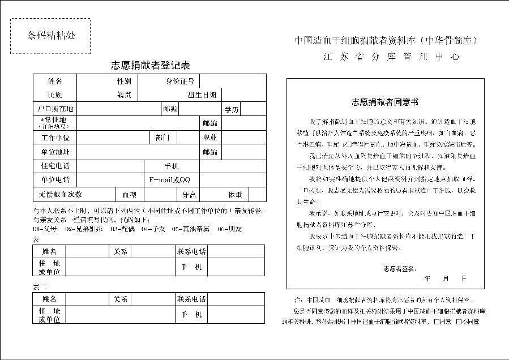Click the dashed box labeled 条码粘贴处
click(x=50, y=36)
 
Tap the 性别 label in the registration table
click(x=123, y=82)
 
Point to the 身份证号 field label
click(x=179, y=82)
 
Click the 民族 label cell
click(x=55, y=95)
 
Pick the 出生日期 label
click(x=202, y=95)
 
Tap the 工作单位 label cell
click(x=55, y=138)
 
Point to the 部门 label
click(x=162, y=138)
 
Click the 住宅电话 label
click(x=55, y=166)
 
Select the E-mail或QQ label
click(x=170, y=179)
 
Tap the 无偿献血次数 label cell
click(x=61, y=194)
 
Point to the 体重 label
click(x=235, y=194)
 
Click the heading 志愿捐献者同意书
click(x=384, y=102)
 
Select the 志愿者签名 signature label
click(x=400, y=268)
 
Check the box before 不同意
click(x=450, y=322)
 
